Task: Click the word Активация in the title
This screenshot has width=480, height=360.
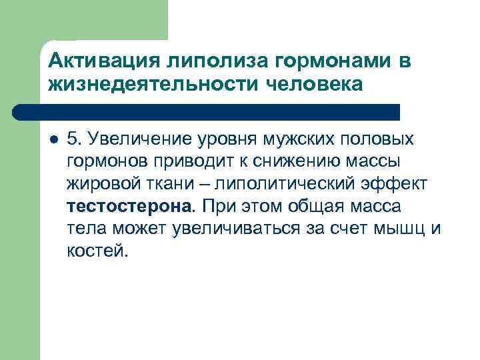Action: [94, 61]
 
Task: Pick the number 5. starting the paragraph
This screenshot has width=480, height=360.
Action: [75, 140]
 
